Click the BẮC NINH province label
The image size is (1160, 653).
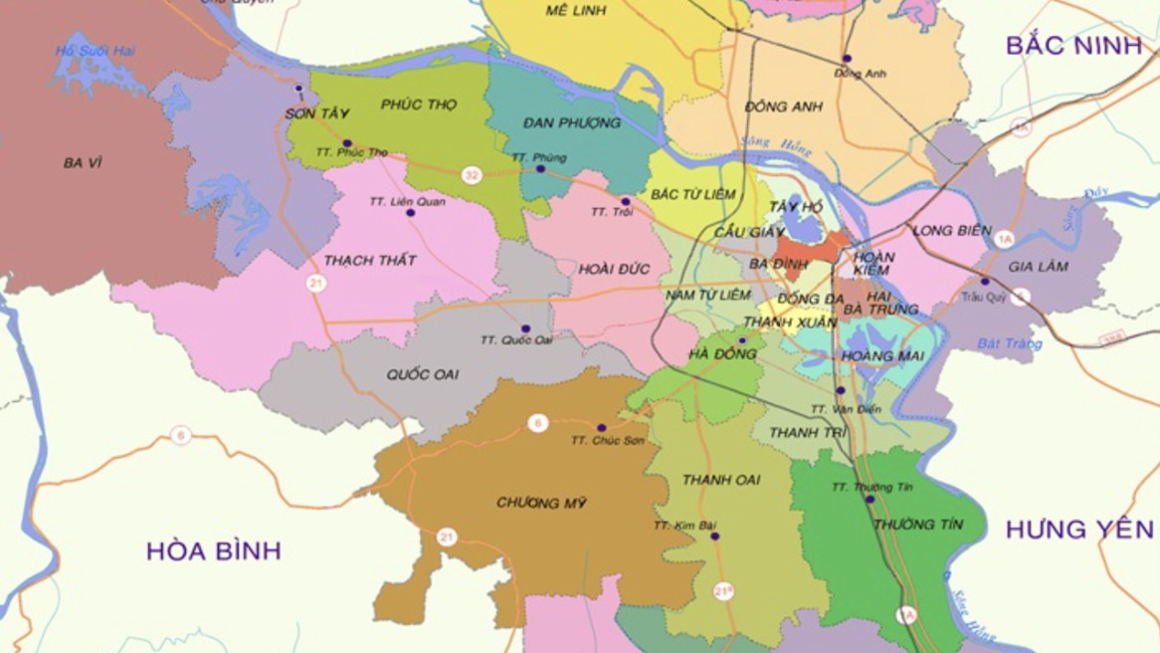coord(1073,46)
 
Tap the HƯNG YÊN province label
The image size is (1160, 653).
coord(1079,530)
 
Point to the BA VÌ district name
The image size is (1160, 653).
coord(83,162)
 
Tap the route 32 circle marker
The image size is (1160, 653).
coord(472,175)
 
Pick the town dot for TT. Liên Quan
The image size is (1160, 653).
coord(410,213)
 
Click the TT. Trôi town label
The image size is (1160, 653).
coord(612,212)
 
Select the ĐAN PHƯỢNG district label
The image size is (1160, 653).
coord(571,123)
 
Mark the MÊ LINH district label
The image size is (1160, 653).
coord(576,11)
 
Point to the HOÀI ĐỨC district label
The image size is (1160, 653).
coord(614,269)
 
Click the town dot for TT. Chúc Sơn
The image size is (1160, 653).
coord(601,428)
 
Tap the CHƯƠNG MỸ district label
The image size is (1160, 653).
coord(541,504)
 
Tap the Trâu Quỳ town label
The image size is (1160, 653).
coord(984,297)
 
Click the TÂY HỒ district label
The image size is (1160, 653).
coord(796,207)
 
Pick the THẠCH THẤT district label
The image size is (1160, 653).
coord(370,261)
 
